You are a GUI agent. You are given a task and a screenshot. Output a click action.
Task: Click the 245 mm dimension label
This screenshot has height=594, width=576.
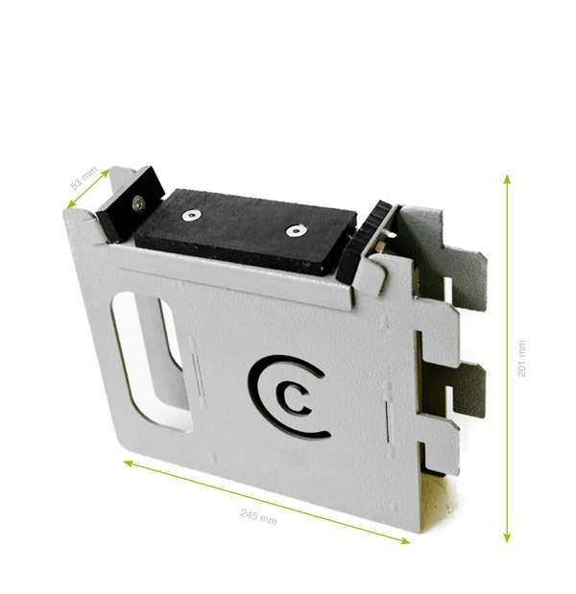[x=258, y=517]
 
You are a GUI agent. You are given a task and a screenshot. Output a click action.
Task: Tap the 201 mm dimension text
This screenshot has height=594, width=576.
[x=521, y=358]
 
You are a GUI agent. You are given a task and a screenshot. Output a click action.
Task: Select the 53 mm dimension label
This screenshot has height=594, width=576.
[x=84, y=178]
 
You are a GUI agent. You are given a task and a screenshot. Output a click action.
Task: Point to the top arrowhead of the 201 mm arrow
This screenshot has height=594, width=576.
[x=507, y=178]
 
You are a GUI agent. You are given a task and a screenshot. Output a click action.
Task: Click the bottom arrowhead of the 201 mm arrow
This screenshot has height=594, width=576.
[x=507, y=537]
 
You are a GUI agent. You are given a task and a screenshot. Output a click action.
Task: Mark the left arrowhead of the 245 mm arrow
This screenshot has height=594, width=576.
[x=128, y=463]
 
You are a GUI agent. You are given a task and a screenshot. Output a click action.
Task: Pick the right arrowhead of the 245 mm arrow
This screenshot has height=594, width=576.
[x=405, y=540]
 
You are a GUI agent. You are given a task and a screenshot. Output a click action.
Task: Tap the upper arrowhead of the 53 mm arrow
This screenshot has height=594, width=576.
[x=106, y=173]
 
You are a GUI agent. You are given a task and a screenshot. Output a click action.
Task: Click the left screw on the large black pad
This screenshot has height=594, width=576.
[x=191, y=216]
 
